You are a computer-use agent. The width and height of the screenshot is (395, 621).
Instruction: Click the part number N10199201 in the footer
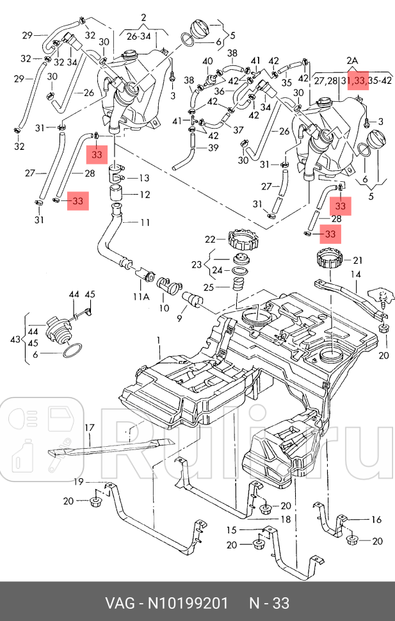click(188, 603)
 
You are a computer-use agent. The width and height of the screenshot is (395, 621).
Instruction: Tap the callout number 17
click(90, 427)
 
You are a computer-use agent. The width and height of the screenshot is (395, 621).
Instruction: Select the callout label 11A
click(141, 297)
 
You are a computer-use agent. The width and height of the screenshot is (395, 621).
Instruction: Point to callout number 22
click(211, 239)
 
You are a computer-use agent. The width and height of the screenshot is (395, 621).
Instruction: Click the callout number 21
click(357, 261)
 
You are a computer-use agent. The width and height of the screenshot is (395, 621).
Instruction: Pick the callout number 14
click(355, 274)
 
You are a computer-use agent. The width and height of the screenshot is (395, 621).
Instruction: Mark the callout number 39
click(213, 147)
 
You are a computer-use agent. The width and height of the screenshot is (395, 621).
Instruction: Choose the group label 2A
click(352, 61)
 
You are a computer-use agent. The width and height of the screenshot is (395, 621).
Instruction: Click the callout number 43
click(15, 338)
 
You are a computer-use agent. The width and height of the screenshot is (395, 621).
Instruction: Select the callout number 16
click(376, 519)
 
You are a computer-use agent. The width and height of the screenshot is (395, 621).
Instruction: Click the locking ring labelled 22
click(241, 241)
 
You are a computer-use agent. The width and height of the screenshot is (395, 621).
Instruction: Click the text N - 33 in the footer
click(269, 603)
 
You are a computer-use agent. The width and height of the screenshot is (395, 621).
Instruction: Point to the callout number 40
click(207, 61)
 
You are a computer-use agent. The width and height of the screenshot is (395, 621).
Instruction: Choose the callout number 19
click(78, 481)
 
